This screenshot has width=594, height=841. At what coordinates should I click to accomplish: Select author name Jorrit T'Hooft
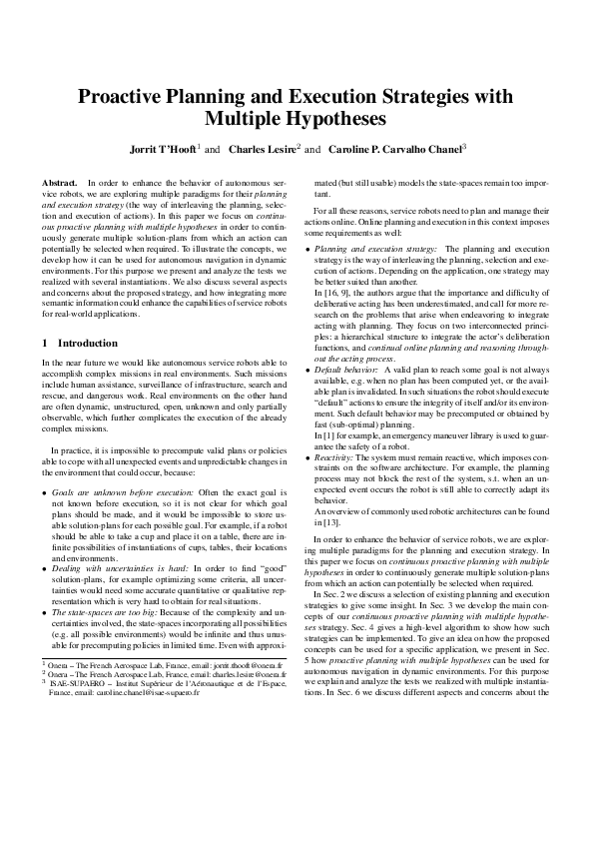163,150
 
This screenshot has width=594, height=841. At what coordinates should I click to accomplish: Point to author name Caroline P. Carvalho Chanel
391,150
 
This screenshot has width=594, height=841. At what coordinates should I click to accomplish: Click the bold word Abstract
59,184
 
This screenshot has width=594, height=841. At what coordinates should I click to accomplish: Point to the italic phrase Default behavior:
344,397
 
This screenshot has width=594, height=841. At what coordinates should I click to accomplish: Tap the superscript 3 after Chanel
465,146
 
